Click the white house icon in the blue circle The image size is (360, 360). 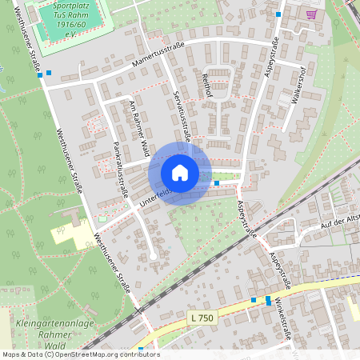180,173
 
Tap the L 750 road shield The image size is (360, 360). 203,318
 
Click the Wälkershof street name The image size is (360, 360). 299,81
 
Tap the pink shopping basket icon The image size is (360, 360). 311,14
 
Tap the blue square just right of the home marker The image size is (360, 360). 217,183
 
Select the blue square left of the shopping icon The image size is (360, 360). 278,14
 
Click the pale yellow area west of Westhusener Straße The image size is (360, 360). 68,236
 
